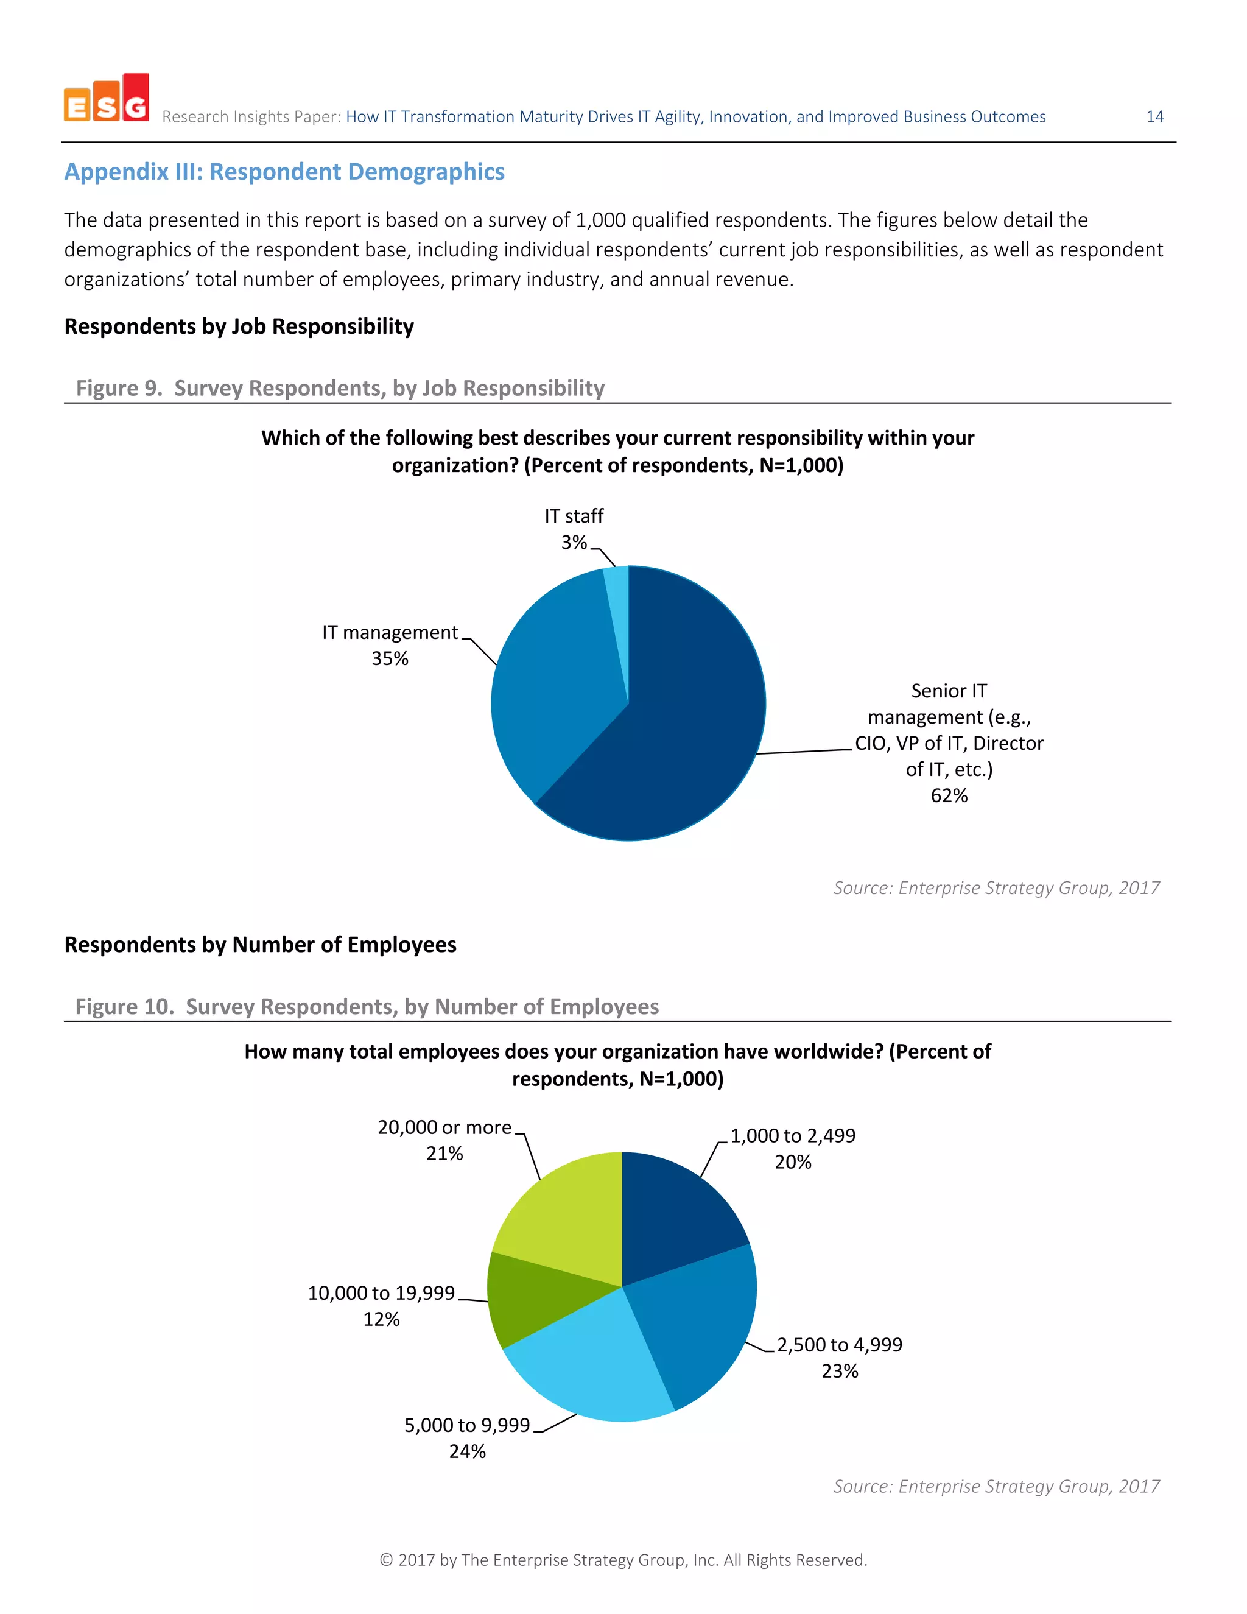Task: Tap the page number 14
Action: click(1154, 117)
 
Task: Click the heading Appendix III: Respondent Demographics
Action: click(284, 172)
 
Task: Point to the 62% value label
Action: click(949, 796)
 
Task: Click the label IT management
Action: click(390, 633)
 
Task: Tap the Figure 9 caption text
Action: click(340, 388)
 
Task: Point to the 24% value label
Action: click(467, 1451)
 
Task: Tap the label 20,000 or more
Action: click(444, 1128)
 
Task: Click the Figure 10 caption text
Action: click(367, 1007)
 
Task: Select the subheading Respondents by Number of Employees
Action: click(260, 945)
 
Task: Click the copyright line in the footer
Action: click(623, 1560)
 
